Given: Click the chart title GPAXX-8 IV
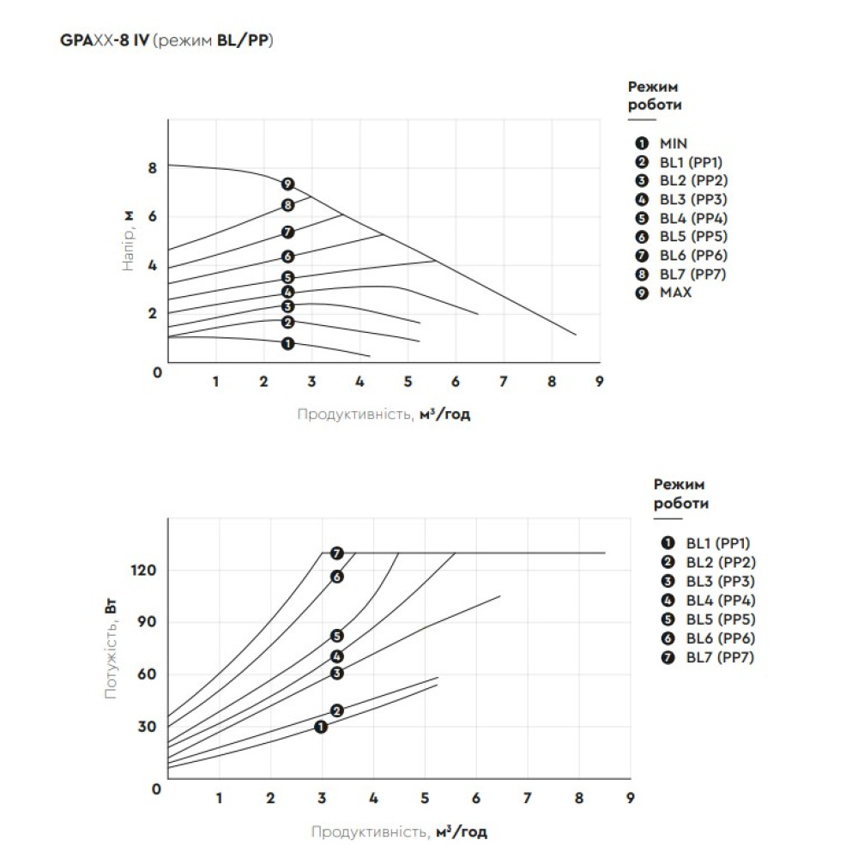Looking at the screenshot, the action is [x=105, y=40].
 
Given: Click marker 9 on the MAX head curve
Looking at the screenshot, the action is [x=287, y=184].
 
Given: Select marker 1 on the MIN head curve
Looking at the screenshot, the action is [x=287, y=344].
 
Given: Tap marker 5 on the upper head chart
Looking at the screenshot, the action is [x=287, y=277].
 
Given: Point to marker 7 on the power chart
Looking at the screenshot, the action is [x=337, y=553].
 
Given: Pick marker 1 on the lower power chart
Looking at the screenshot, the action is [x=321, y=727].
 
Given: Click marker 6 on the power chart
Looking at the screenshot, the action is [x=337, y=577].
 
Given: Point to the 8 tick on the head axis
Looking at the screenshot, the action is [x=152, y=168].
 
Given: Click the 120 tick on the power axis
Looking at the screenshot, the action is [x=143, y=571].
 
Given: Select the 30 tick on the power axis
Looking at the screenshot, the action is [x=147, y=727].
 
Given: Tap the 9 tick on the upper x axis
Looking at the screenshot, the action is [x=600, y=382].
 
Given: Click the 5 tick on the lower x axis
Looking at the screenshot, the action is [x=425, y=798].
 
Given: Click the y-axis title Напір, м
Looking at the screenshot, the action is [x=128, y=241].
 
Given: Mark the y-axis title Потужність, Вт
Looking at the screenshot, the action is [x=111, y=650].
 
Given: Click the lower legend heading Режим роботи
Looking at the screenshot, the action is [x=680, y=493].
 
